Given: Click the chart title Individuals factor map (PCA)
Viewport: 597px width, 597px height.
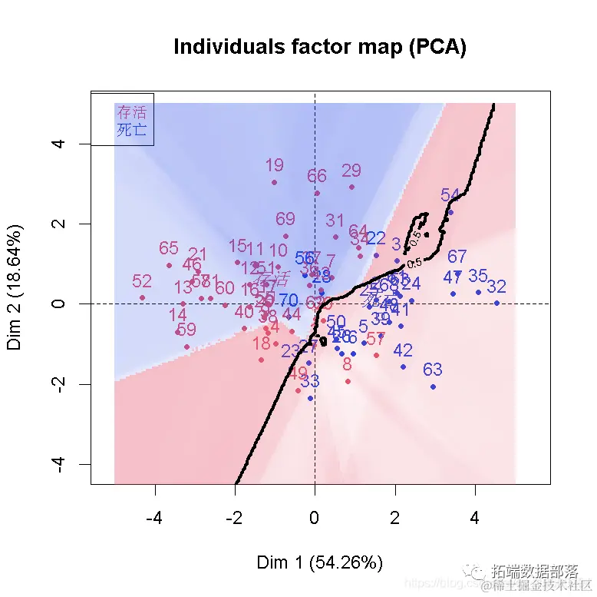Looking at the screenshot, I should pyautogui.click(x=320, y=47).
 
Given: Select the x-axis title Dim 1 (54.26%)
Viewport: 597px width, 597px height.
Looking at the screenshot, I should pyautogui.click(x=319, y=562).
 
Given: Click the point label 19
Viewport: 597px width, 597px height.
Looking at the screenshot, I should pyautogui.click(x=274, y=165).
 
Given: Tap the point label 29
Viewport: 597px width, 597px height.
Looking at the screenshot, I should pyautogui.click(x=351, y=171).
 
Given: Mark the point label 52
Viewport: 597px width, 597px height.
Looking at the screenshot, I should pyautogui.click(x=142, y=281).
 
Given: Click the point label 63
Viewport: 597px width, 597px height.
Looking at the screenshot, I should pyautogui.click(x=433, y=370).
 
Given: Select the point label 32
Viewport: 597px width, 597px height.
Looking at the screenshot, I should pyautogui.click(x=496, y=287).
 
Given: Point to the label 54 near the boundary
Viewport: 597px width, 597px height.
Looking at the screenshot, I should pyautogui.click(x=450, y=195).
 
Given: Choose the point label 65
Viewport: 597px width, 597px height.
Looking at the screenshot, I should pyautogui.click(x=169, y=248).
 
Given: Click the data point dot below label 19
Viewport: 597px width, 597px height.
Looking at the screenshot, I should pyautogui.click(x=274, y=182).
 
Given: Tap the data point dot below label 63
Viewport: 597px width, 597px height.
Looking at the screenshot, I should pyautogui.click(x=434, y=386).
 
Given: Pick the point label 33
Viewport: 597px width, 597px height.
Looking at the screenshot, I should pyautogui.click(x=310, y=380).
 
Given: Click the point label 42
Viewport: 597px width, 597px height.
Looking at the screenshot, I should pyautogui.click(x=403, y=350).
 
